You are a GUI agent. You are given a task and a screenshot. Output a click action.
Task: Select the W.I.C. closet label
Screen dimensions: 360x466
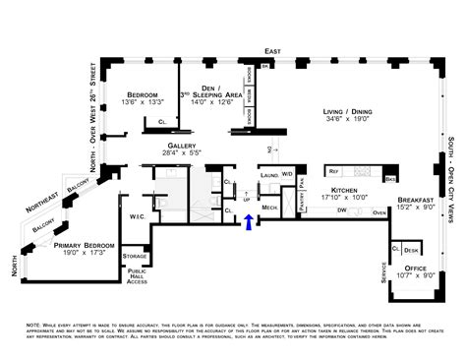click(137, 217)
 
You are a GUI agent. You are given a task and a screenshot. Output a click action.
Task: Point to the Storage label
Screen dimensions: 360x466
click(136, 257)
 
